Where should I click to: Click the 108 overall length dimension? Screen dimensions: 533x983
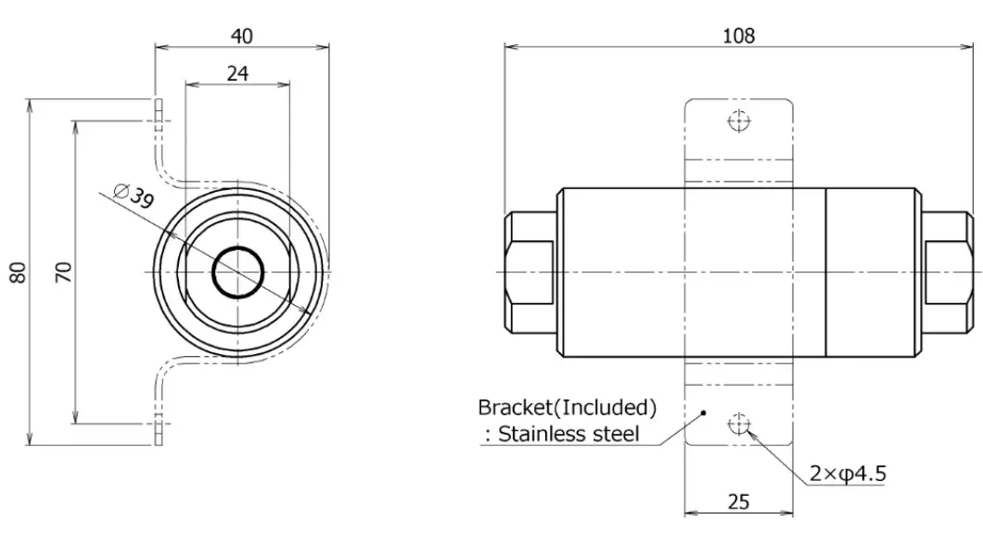[738, 35]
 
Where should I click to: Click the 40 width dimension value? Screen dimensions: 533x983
[241, 35]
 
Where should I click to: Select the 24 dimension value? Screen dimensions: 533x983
[237, 73]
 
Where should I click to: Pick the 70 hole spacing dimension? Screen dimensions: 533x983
[63, 272]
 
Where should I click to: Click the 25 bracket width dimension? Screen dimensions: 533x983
[738, 501]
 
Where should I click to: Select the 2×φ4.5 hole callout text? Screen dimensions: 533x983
[847, 474]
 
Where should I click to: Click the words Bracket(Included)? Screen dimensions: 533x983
[567, 407]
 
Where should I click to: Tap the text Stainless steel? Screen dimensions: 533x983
[568, 434]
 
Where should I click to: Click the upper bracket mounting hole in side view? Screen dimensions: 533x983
[739, 121]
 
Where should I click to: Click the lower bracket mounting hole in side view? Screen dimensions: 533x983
[739, 424]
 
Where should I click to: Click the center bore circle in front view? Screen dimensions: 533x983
[238, 273]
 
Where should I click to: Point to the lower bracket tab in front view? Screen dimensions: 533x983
[160, 422]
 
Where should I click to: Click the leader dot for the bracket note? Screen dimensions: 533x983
[704, 413]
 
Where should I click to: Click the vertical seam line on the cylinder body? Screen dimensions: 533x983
[826, 272]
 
